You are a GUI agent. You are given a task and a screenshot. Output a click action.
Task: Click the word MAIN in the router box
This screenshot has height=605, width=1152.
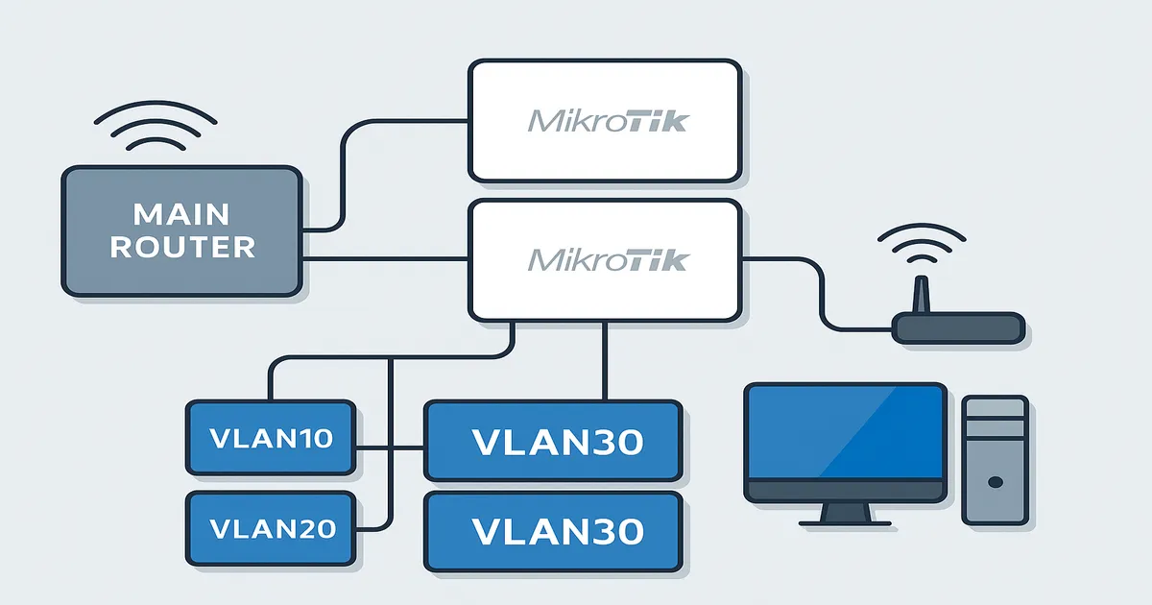click(x=181, y=212)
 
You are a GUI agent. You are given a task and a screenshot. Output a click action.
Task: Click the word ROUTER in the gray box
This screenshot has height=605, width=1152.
click(x=181, y=247)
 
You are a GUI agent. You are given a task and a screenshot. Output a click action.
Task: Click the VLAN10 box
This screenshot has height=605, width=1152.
click(x=271, y=439)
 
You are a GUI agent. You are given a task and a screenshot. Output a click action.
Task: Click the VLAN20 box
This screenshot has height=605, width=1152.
click(x=271, y=528)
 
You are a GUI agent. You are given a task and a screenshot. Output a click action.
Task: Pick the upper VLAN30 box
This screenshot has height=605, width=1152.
click(x=553, y=442)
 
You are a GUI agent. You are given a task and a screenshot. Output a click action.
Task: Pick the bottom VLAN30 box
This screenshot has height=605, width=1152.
click(x=553, y=531)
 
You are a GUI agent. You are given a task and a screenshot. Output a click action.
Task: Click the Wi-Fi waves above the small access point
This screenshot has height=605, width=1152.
click(x=923, y=246)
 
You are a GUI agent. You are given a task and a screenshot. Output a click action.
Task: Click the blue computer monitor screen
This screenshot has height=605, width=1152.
click(x=846, y=431)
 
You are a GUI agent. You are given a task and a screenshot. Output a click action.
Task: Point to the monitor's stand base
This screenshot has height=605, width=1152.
click(x=846, y=520)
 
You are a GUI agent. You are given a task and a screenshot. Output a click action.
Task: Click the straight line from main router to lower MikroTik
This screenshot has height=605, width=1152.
click(x=384, y=259)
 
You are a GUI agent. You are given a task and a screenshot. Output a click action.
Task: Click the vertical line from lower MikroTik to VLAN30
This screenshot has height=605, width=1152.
click(x=604, y=360)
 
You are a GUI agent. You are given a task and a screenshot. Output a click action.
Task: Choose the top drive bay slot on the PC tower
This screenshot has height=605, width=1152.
click(x=996, y=412)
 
